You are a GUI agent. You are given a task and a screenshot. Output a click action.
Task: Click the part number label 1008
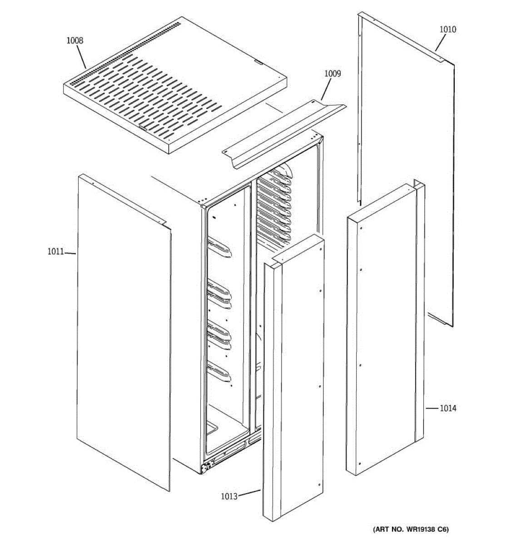tap(75, 40)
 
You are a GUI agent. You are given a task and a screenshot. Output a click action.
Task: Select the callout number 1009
tap(332, 74)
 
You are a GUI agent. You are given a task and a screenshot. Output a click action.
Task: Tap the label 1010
tap(447, 30)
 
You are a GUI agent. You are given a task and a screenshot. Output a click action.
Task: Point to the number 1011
tap(55, 252)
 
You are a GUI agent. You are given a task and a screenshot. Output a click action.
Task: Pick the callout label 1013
tap(229, 496)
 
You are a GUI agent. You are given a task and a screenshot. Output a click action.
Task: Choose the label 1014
tap(448, 408)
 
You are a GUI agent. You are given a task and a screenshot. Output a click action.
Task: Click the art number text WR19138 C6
tap(411, 530)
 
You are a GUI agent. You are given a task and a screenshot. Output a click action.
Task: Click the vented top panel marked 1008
tap(175, 86)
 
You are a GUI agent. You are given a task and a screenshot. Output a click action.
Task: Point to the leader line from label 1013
tap(249, 493)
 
